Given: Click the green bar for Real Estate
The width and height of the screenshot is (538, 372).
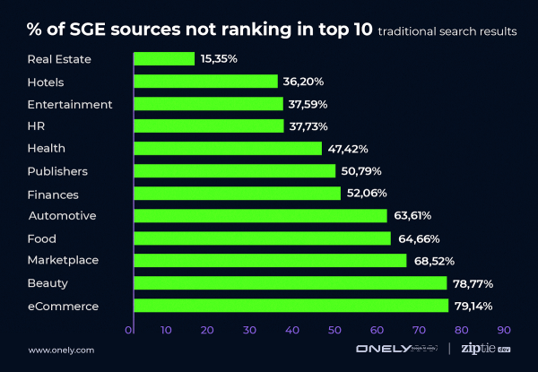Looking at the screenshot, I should tap(164, 58).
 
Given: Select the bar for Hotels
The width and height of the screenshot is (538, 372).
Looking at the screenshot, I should tap(205, 81).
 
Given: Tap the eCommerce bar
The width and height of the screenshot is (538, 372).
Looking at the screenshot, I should tap(291, 306).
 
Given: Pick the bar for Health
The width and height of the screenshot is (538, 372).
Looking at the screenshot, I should tap(228, 148).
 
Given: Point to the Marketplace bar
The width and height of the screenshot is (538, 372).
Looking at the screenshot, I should tap(270, 261).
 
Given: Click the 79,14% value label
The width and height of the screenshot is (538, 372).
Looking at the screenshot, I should tap(474, 306).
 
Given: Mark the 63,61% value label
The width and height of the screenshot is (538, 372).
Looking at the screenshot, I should tap(412, 216).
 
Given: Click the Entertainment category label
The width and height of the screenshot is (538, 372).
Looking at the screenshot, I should tap(71, 104).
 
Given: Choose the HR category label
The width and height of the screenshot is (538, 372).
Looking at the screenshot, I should tap(38, 126).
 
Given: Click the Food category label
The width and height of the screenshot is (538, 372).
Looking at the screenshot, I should tap(43, 238).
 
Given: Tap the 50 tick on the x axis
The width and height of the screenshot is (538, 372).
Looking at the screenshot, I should tap(334, 330).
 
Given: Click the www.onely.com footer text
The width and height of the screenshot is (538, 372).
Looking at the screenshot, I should tap(61, 350).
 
